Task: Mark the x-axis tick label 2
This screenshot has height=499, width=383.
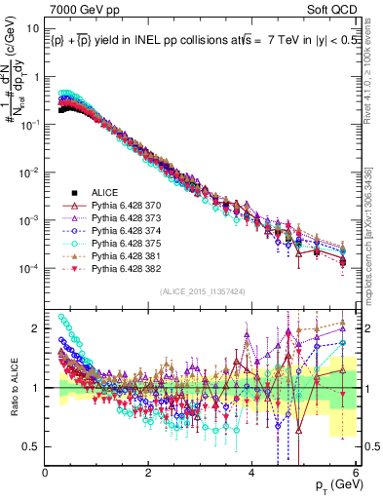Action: (x=148, y=472)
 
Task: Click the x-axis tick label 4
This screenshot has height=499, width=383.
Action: (x=251, y=472)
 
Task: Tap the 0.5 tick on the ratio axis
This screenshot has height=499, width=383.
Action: (x=32, y=446)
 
